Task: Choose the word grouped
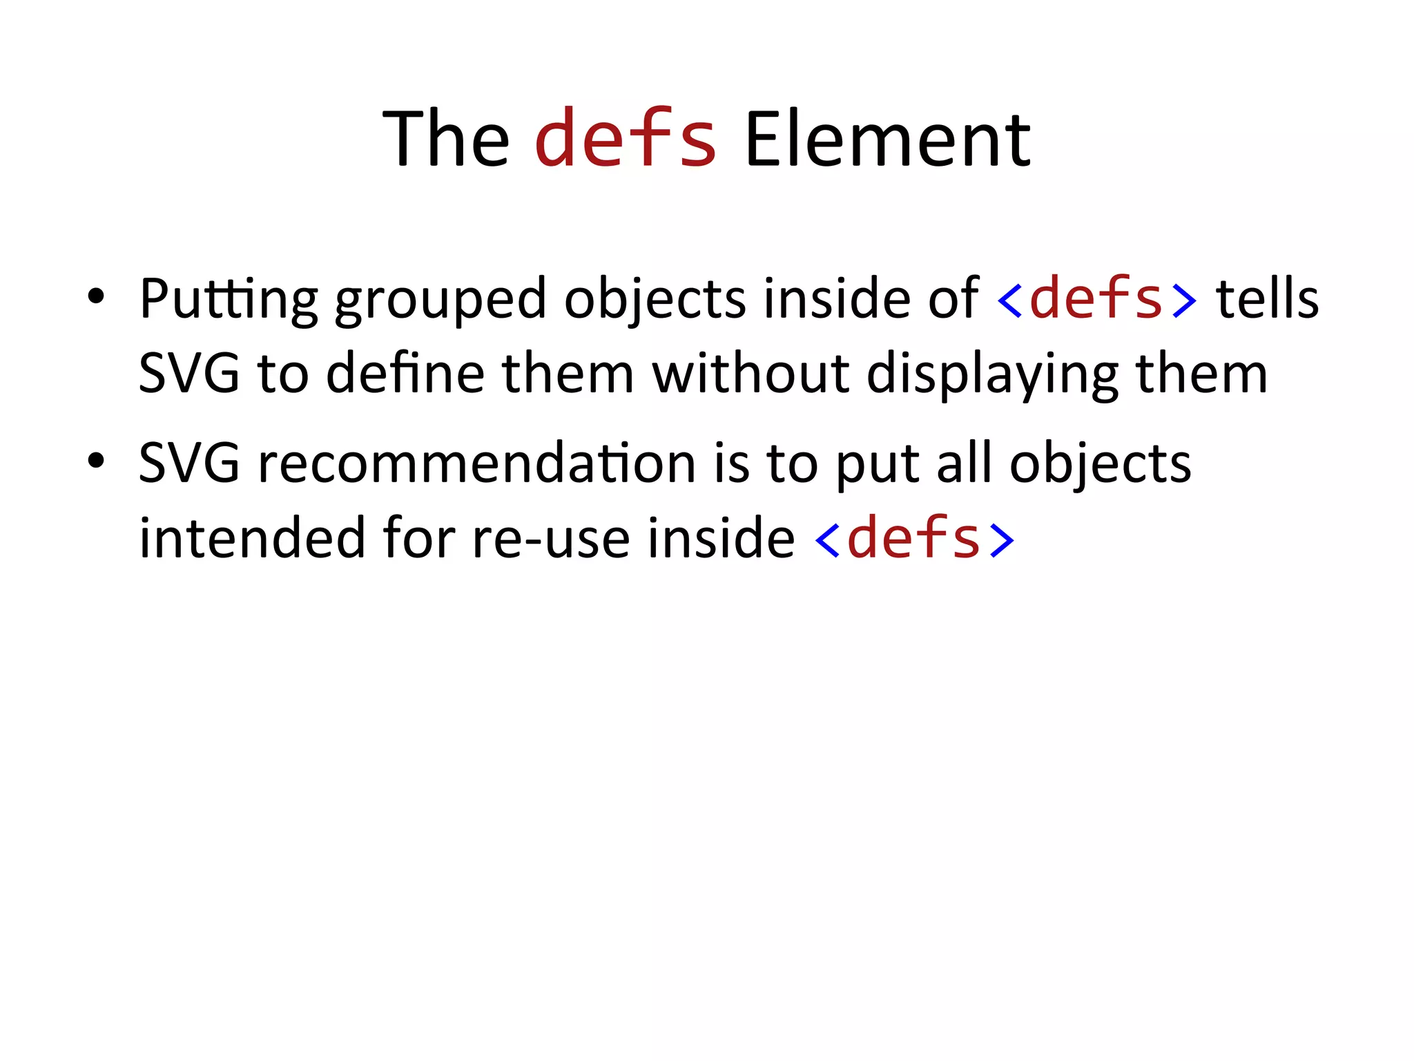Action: click(x=440, y=300)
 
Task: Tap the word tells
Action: click(x=1267, y=298)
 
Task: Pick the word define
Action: click(x=405, y=374)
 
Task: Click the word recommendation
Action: click(x=476, y=463)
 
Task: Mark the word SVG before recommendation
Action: click(x=189, y=463)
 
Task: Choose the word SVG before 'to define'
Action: click(x=189, y=374)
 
